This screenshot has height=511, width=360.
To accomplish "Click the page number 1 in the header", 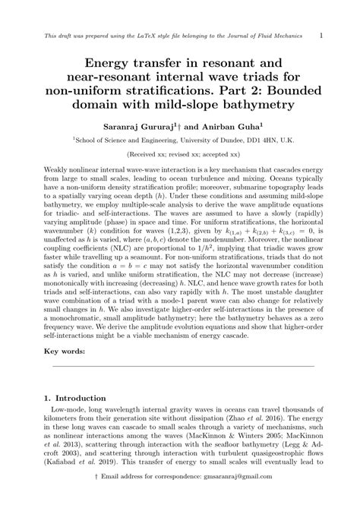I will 321,35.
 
